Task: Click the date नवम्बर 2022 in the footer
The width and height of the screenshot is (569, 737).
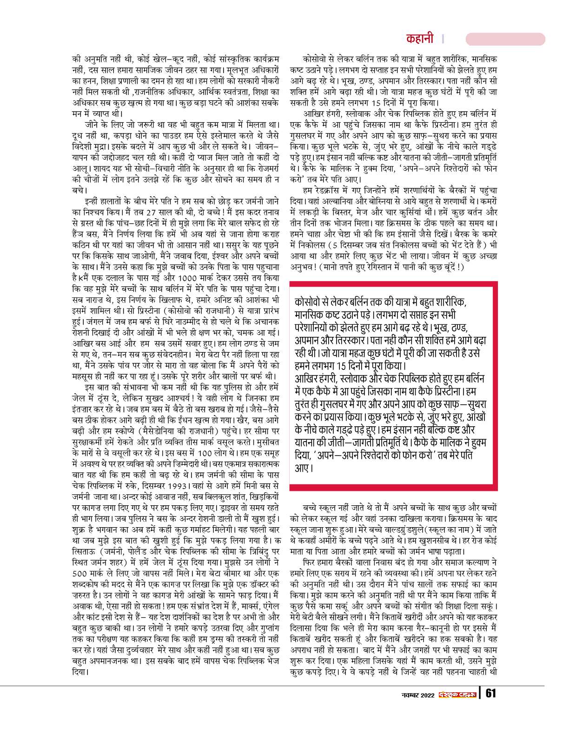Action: click(x=417, y=695)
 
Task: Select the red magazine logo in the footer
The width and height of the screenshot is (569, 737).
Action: click(x=457, y=695)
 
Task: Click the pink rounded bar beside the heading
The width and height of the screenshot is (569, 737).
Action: click(x=505, y=39)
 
